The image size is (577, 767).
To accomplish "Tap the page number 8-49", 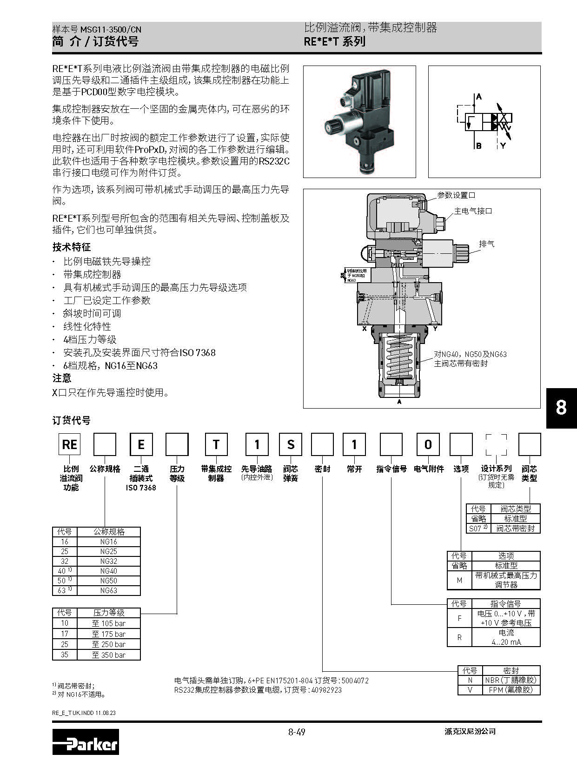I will pyautogui.click(x=297, y=732).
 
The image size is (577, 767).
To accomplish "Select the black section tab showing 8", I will pyautogui.click(x=561, y=408).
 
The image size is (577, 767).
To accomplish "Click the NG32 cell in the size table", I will pyautogui.click(x=109, y=561).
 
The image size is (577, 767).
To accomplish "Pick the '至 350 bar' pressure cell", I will pyautogui.click(x=109, y=655).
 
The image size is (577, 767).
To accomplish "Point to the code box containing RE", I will pyautogui.click(x=70, y=444).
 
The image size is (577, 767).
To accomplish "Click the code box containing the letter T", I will pyautogui.click(x=216, y=444).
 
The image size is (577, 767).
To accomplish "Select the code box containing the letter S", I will pyautogui.click(x=291, y=444).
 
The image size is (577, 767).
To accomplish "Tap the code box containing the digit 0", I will pyautogui.click(x=428, y=444).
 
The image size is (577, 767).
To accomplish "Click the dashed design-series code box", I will pyautogui.click(x=496, y=444).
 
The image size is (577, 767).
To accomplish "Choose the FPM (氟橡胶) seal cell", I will pyautogui.click(x=511, y=690).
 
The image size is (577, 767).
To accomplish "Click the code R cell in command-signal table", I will pyautogui.click(x=459, y=637).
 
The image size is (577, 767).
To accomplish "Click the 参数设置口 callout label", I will pyautogui.click(x=456, y=195).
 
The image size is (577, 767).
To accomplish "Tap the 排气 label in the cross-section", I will pyautogui.click(x=487, y=244).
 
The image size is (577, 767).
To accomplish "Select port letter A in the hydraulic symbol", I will pyautogui.click(x=479, y=97).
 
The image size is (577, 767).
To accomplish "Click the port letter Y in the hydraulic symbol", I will pyautogui.click(x=503, y=146).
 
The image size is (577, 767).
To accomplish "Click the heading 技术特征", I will pyautogui.click(x=72, y=247).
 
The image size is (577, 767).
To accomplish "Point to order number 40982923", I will pyautogui.click(x=325, y=690).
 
